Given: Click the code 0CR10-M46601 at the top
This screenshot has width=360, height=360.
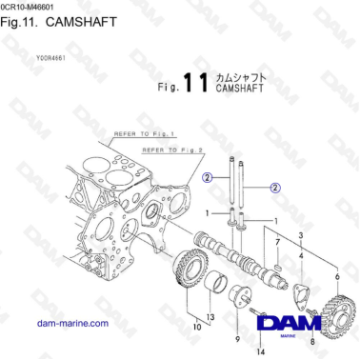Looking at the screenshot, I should pyautogui.click(x=36, y=7).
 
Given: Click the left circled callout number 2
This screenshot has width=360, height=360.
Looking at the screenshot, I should pyautogui.click(x=207, y=177).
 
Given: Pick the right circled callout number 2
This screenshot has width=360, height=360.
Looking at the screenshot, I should pyautogui.click(x=274, y=188).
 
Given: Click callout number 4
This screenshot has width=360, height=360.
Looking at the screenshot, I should pyautogui.click(x=301, y=256).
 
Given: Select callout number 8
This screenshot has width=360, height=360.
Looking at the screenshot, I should pyautogui.click(x=312, y=340).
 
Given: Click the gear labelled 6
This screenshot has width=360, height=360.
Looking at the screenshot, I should pyautogui.click(x=337, y=310).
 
